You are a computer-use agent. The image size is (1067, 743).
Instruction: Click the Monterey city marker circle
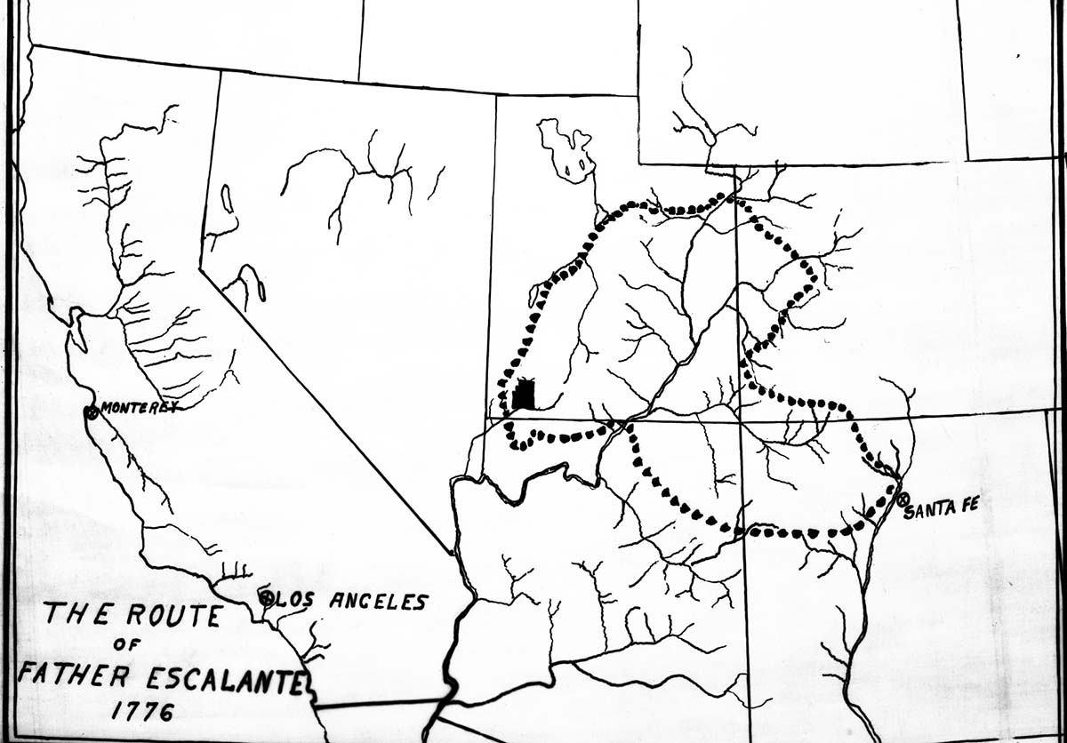coord(91,411)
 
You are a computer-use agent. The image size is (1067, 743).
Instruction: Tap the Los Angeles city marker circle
coord(266,598)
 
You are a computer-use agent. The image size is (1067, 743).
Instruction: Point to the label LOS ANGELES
coord(350,602)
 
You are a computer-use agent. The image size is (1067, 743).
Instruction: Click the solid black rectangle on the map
coord(525,395)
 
